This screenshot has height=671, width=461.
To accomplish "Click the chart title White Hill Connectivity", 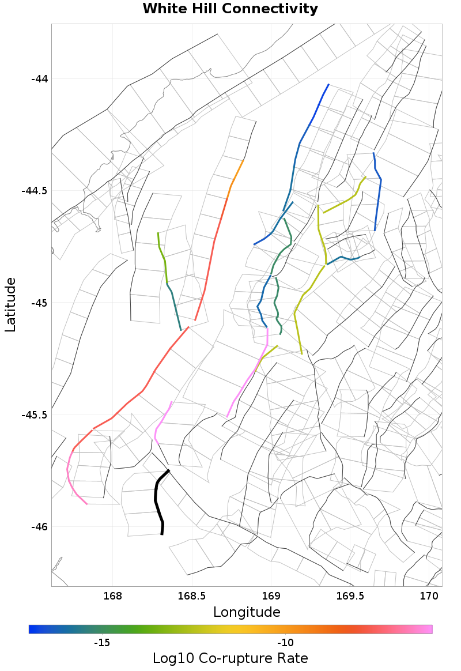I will point(230,9).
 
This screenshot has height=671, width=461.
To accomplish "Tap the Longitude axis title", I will point(247,612).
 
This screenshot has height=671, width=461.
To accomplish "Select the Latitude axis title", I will point(10,304).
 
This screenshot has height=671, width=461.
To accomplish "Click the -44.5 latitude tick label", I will point(35,191).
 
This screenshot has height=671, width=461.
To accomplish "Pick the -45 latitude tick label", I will point(39,303).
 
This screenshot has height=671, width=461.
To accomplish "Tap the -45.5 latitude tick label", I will point(35,415).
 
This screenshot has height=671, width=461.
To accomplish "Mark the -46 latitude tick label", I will point(39,527).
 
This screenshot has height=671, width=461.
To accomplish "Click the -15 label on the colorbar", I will point(102,643).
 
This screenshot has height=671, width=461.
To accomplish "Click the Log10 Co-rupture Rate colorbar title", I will point(230,658).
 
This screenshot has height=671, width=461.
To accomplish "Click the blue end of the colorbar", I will point(33,629).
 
